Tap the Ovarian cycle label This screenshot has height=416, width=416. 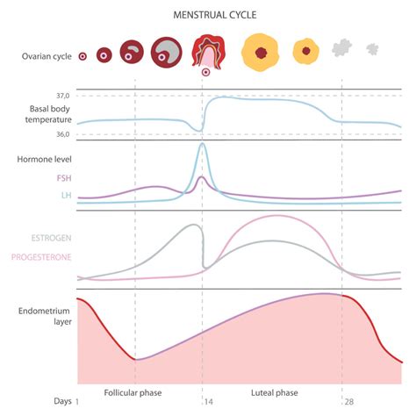[47, 56]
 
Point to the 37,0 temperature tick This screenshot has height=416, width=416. [62, 95]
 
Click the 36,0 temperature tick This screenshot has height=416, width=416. [62, 134]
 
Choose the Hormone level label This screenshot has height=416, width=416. [44, 159]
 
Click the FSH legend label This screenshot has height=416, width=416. [63, 177]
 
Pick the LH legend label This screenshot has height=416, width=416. [66, 195]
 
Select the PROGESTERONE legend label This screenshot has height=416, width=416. [40, 257]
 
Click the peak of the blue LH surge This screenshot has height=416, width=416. [203, 145]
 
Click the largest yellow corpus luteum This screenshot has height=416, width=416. [259, 52]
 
